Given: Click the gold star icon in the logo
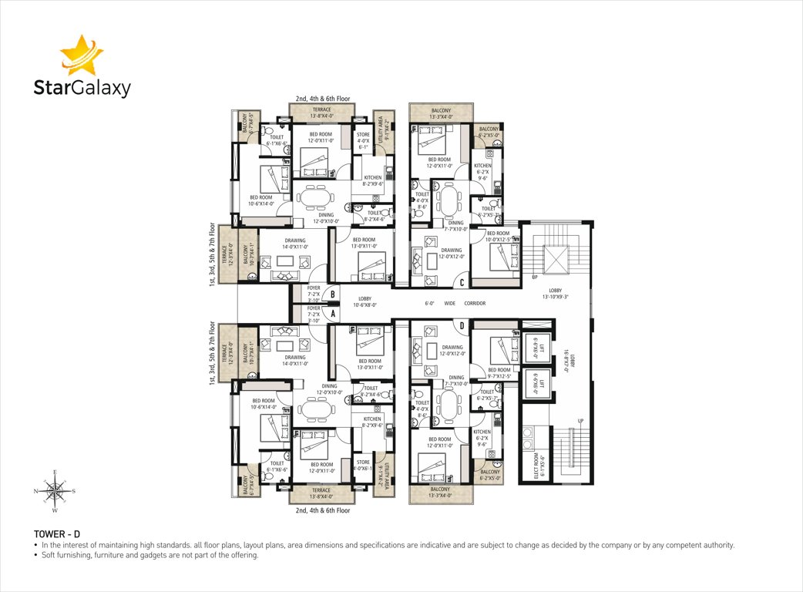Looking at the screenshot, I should [81, 55].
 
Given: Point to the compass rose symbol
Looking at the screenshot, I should [54, 489].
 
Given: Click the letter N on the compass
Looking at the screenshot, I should [36, 490].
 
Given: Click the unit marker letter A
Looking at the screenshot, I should [332, 314].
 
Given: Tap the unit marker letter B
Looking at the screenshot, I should [332, 294].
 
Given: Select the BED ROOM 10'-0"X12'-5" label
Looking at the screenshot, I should [498, 236].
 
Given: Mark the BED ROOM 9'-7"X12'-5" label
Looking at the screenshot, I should [499, 373].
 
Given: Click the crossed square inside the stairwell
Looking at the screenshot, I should [555, 257].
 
